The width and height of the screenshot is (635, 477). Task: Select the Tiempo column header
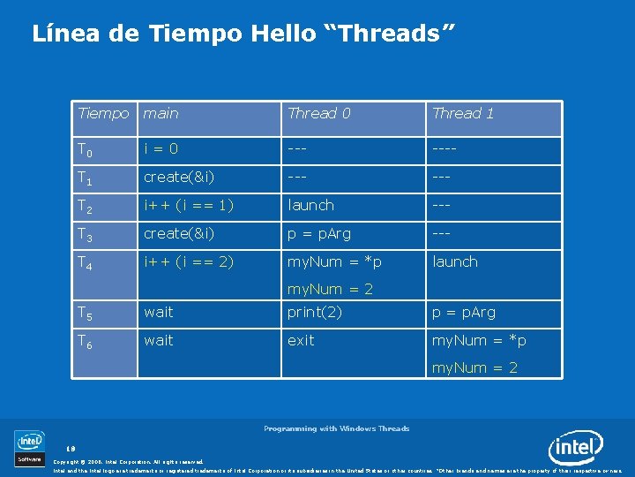click(x=102, y=113)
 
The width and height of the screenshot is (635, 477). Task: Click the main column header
click(x=161, y=113)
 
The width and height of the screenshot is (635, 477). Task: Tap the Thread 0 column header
click(x=318, y=113)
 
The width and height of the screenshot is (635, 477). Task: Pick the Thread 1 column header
click(x=463, y=113)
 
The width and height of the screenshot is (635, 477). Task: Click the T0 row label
click(x=84, y=150)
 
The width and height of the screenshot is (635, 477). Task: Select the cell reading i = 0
click(x=161, y=149)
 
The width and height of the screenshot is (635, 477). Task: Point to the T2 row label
click(x=84, y=206)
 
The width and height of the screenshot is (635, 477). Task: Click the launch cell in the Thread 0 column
click(x=310, y=205)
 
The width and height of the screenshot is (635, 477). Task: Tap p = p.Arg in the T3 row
click(x=319, y=233)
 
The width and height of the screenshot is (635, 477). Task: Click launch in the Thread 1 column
click(x=454, y=261)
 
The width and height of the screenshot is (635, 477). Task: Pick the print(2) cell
click(x=315, y=312)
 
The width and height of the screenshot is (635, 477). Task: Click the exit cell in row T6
click(x=300, y=340)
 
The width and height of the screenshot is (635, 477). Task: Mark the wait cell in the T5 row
click(x=159, y=312)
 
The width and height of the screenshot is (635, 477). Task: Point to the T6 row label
click(x=84, y=342)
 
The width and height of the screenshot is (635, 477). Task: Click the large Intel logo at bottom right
click(x=575, y=449)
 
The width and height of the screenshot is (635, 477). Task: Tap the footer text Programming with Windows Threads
click(x=336, y=428)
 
